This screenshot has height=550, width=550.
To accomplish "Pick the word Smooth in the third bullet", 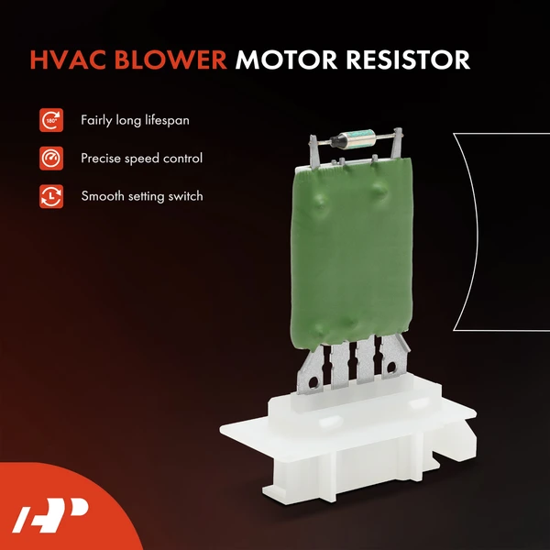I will pyautogui.click(x=102, y=196).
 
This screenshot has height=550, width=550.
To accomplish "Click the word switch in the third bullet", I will pyautogui.click(x=182, y=196).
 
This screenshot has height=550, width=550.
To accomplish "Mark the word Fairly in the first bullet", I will pyautogui.click(x=98, y=120).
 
